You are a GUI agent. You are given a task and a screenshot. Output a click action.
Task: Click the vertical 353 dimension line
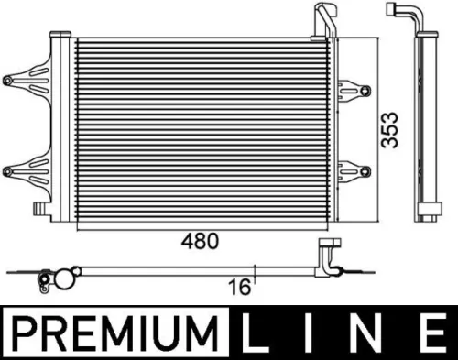point(376,128)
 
